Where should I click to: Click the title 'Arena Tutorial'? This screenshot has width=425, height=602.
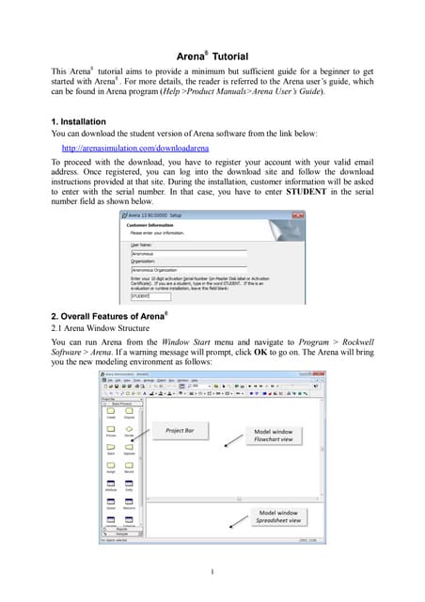(212, 56)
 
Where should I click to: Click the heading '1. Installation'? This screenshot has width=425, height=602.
(78, 122)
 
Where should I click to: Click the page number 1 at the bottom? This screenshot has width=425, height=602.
(212, 572)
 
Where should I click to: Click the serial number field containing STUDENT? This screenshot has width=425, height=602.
(146, 296)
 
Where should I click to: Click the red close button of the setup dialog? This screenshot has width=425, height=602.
(300, 214)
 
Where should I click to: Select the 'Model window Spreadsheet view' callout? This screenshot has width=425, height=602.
(280, 518)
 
